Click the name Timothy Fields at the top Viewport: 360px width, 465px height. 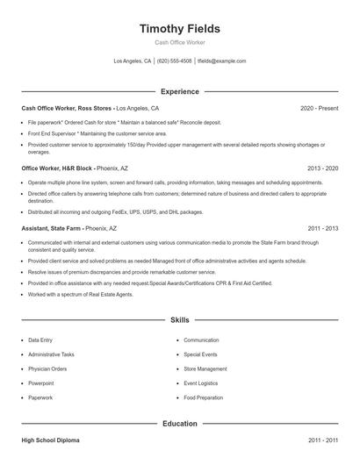click(180, 28)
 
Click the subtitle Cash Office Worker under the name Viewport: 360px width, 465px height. click(180, 42)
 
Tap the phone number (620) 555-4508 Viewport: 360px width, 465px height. click(174, 61)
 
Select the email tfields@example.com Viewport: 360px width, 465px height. click(221, 61)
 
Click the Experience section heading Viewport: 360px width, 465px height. click(180, 91)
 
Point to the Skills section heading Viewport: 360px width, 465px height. click(180, 321)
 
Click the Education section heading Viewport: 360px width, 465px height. click(180, 424)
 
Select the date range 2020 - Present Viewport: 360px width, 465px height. click(320, 108)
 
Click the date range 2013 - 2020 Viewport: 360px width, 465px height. click(323, 168)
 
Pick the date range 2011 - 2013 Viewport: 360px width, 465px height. click(323, 227)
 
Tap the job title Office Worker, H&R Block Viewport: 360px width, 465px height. click(56, 168)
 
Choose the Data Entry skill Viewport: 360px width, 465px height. click(40, 340)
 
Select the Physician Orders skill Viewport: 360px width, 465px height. click(47, 369)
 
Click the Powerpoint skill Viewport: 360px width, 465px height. click(41, 383)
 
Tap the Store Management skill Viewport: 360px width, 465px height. click(205, 369)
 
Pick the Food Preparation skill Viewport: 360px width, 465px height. click(205, 398)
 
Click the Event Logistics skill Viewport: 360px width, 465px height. click(202, 383)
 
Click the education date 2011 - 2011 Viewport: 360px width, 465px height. click(323, 440)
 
